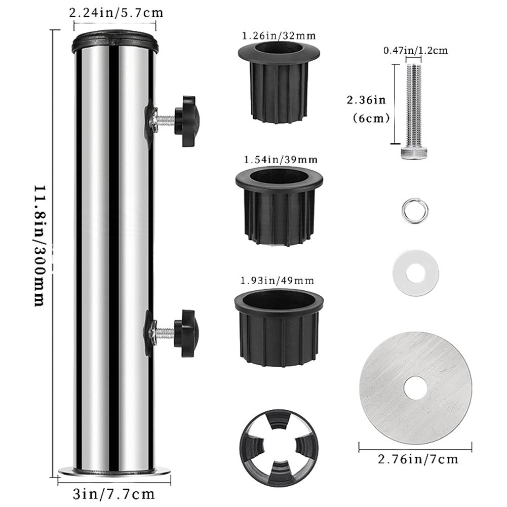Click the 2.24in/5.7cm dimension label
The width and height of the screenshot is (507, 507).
(116, 13)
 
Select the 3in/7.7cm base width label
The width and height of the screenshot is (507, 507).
(114, 494)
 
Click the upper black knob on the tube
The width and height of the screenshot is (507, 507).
(186, 121)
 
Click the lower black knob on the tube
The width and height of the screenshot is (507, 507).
(186, 333)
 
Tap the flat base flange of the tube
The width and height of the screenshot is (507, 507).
(114, 472)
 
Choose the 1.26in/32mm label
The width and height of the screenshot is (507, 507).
(279, 35)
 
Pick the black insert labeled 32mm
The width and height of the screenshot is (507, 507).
(279, 82)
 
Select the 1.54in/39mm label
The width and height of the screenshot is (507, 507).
(281, 160)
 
